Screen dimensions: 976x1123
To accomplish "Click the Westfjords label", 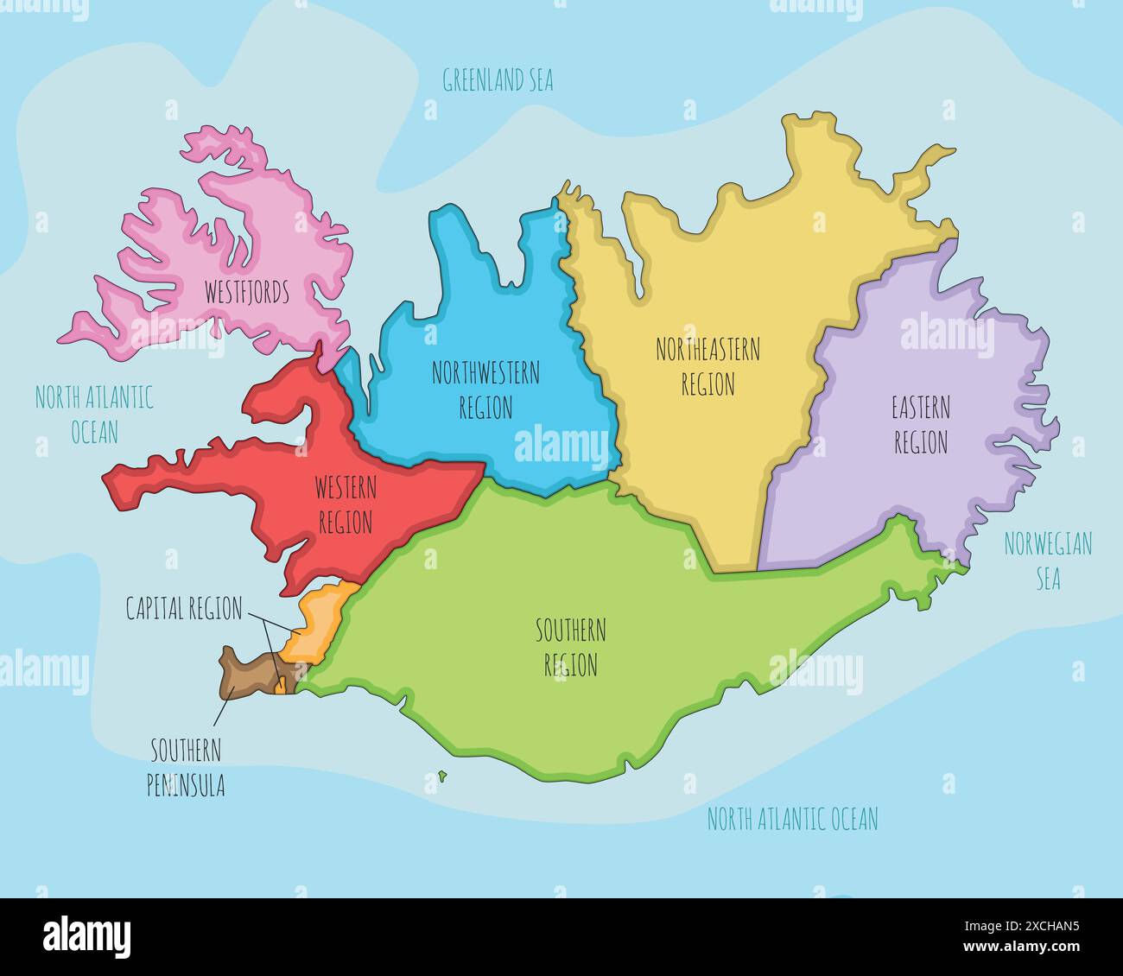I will pos(246,293).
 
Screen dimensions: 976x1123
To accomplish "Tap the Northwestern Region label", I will pos(485,390).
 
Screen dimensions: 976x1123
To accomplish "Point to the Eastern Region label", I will pos(921,425).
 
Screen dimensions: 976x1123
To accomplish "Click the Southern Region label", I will pos(571,647).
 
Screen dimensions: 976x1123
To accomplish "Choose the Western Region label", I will pos(346,505).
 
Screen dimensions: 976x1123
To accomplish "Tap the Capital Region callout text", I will pos(184,609).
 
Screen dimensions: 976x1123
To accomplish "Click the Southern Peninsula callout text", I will pos(187,768).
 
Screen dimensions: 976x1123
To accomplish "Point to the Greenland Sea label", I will pos(498,80).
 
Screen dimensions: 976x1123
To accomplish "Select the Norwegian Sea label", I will pos(1048,561).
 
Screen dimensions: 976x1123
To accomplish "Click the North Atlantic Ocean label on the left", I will pos(94,415).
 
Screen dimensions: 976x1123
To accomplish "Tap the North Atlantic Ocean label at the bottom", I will pos(792,819).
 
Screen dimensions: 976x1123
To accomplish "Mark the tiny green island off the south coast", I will pos(442,776).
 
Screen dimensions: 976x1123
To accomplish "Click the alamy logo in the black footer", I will pos(86,936).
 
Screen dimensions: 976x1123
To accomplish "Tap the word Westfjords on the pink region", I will pos(246,293).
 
